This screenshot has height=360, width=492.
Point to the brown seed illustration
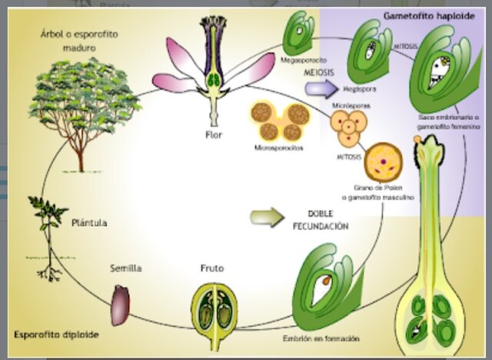[x=121, y=304]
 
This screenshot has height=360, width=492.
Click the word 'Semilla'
[x=127, y=268]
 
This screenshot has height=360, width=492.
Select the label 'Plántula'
[x=89, y=222]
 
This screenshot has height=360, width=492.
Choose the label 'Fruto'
[x=212, y=269]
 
